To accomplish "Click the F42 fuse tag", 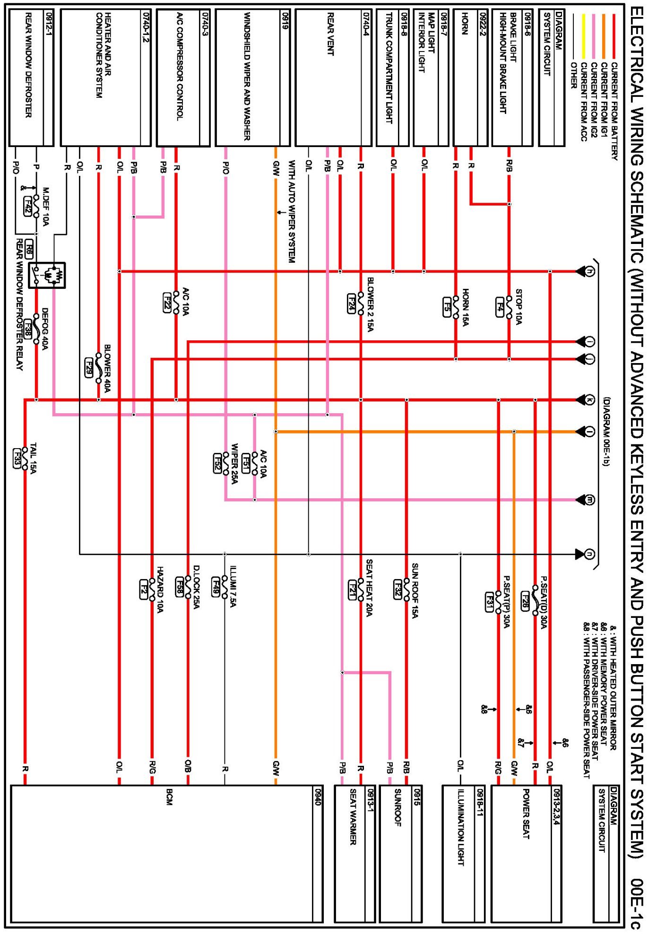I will click(x=28, y=207).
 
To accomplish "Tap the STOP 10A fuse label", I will click(x=518, y=307).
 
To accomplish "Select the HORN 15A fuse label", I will click(x=466, y=307).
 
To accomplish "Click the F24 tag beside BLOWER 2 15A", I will click(x=351, y=303).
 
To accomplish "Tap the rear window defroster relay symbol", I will click(x=47, y=275).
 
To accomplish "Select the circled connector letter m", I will click(x=590, y=500).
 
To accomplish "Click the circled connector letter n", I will click(x=590, y=554).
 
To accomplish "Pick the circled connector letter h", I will click(x=590, y=271).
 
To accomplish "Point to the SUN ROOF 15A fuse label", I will click(x=415, y=590).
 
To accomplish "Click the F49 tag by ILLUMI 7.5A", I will click(x=216, y=585).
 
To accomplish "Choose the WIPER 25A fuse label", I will click(x=234, y=463).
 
